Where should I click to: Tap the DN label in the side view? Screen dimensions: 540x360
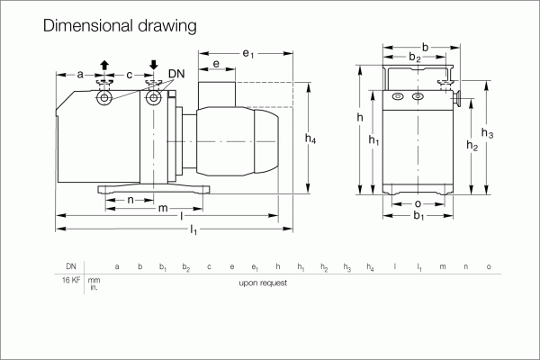point(176,74)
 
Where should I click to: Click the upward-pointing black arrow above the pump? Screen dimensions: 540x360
point(104,65)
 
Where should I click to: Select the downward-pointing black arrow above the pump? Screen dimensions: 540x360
point(154,65)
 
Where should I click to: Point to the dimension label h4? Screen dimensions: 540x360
point(310,139)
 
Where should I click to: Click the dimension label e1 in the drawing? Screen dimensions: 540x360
point(248,54)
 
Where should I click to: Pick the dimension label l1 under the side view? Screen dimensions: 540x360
point(193,229)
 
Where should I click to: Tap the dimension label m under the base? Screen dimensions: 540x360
point(163,208)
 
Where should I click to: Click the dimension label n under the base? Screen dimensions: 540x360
point(130,200)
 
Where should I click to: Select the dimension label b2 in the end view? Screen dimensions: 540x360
point(415,57)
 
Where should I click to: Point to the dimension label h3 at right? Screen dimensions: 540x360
point(487,132)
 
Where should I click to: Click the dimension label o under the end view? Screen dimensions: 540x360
point(418,204)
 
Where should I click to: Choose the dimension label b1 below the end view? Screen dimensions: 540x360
point(418,216)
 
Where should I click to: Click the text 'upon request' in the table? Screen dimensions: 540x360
point(263,283)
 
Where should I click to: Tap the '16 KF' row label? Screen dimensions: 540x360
point(71,280)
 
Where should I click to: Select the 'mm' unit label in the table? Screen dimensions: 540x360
point(94,281)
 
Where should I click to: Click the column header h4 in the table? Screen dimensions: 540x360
point(370,267)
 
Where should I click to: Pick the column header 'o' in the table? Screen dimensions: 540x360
point(489,266)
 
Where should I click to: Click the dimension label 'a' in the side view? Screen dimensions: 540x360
point(80,75)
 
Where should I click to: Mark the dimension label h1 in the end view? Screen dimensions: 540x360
point(373,139)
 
